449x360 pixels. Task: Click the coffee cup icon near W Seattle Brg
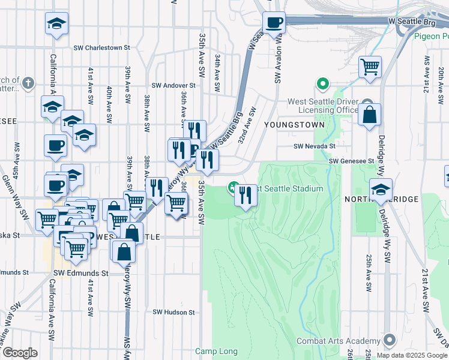coord(274,23)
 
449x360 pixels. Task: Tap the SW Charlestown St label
coord(102,47)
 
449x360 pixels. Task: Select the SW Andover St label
coord(173,86)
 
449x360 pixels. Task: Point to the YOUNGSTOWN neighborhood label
coord(294,125)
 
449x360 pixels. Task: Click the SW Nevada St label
coord(314,146)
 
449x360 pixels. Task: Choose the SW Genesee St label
coord(351,161)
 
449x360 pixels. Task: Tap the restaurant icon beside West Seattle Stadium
coord(246,194)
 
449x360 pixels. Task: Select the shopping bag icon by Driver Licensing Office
coord(369,113)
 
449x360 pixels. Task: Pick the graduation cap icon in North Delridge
coord(380,189)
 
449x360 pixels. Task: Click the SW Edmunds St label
coord(80,272)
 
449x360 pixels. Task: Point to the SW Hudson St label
coord(173,312)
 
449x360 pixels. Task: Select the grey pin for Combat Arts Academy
coord(390,340)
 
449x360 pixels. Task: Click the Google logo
coord(20,353)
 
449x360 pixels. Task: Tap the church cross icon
coord(28,81)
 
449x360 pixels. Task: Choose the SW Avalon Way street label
coord(278,60)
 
